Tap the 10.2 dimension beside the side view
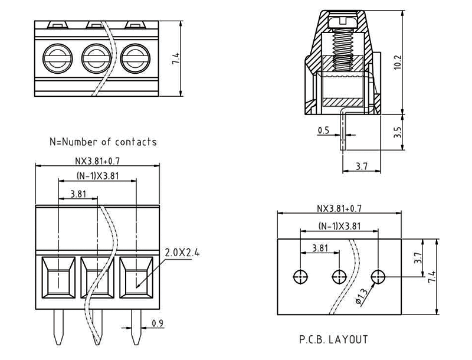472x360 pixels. point(396,61)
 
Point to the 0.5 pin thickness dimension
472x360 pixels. point(323,130)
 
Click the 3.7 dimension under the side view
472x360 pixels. point(362,167)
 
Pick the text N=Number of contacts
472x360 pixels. point(103,142)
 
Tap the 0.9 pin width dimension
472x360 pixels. point(158,323)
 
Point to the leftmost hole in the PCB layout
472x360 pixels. point(300,276)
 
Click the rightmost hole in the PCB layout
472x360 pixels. point(378,276)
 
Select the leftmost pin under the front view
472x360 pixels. point(58,328)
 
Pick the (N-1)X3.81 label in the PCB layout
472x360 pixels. point(339,226)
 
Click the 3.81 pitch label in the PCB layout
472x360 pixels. point(320,248)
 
